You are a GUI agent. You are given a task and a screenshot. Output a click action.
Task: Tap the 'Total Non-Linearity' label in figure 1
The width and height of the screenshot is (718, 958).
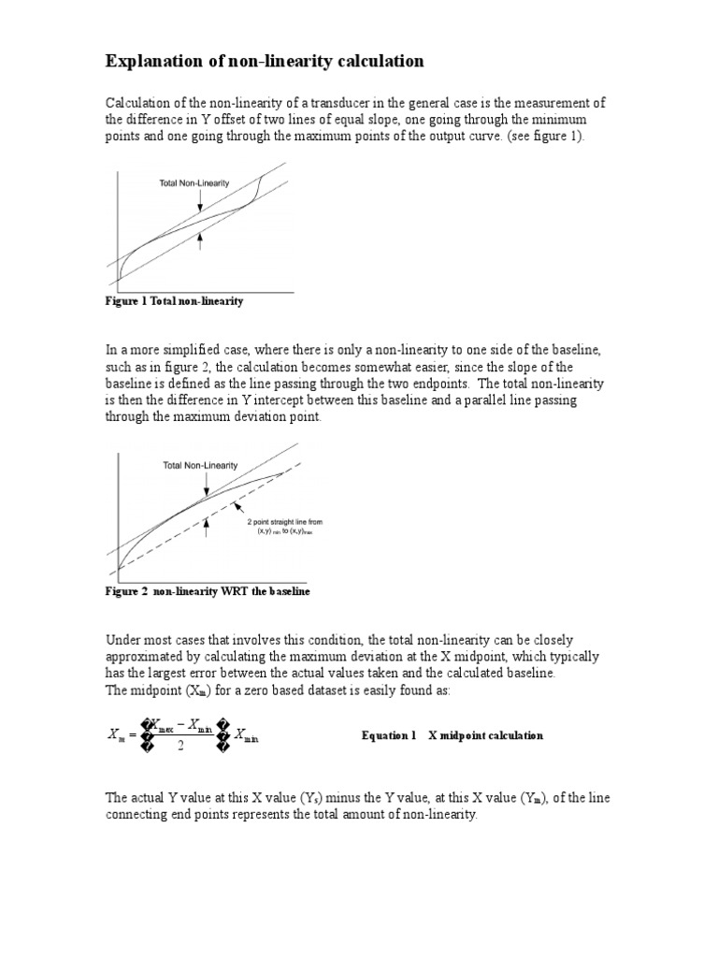195,183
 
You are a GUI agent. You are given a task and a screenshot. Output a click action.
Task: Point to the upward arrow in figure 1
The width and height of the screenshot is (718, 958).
200,241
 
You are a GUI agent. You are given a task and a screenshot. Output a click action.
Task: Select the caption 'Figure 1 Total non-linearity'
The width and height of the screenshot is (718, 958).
174,301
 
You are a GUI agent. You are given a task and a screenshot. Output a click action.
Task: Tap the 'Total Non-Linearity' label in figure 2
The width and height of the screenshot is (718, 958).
200,465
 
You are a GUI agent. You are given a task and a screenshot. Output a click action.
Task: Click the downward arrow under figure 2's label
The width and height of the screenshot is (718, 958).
205,482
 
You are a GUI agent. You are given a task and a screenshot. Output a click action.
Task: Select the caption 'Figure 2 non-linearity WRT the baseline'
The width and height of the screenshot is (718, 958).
207,592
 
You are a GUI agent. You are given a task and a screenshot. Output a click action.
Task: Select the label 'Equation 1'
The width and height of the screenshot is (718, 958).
388,735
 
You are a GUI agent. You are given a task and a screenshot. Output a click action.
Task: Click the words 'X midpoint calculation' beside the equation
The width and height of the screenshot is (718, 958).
485,735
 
